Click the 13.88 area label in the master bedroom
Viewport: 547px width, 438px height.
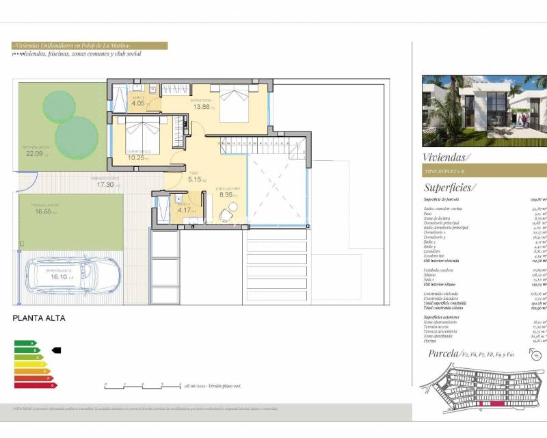202,107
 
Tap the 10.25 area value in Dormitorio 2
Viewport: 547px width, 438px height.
137,157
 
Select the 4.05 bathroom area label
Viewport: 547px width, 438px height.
138,103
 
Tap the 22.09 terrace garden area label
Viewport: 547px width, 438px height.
34,153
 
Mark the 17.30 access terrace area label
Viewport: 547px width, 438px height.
105,185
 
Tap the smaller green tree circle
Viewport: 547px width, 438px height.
59,106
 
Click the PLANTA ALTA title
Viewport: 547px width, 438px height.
39,318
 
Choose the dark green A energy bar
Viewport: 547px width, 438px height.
25,343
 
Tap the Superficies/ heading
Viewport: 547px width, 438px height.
449,187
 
